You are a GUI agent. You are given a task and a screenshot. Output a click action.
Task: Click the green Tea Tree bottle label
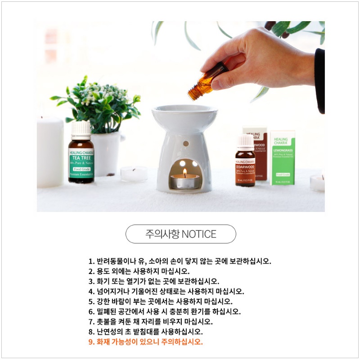click(81, 164)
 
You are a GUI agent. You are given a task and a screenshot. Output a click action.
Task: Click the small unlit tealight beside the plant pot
click(134, 174)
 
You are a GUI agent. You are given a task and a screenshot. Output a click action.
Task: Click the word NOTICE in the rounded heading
click(199, 234)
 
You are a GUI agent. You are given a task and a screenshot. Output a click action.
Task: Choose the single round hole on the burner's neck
click(185, 143)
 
